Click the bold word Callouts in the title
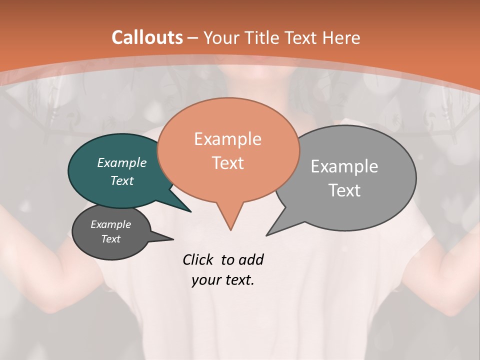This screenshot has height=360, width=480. (x=147, y=37)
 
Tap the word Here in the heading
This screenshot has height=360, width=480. (x=341, y=37)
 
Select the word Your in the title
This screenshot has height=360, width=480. (x=221, y=37)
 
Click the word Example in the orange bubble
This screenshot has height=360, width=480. (x=227, y=139)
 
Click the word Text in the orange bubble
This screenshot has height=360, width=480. (x=227, y=163)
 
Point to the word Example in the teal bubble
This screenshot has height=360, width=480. (x=122, y=162)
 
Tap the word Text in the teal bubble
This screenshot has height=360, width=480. (x=122, y=180)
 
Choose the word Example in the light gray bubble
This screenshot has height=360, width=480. (x=344, y=166)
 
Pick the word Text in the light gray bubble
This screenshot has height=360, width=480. (x=344, y=190)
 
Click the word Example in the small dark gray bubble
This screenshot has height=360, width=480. (x=110, y=224)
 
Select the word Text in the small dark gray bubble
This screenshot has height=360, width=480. (x=110, y=239)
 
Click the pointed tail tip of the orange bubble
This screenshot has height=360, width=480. (x=230, y=230)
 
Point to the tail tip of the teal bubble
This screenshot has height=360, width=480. (x=190, y=211)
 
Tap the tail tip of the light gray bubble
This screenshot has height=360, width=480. (x=266, y=235)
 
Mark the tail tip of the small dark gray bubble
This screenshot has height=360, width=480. (x=173, y=239)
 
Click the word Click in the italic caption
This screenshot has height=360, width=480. (x=197, y=259)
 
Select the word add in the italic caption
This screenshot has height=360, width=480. (x=251, y=259)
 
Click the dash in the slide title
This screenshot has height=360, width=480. (x=193, y=37)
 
